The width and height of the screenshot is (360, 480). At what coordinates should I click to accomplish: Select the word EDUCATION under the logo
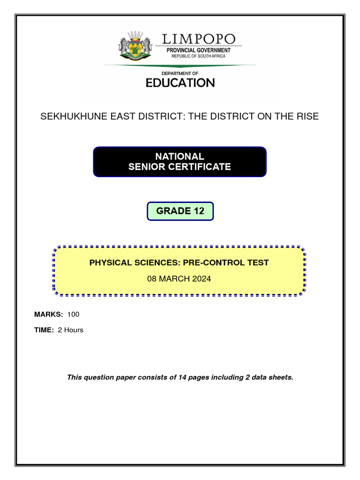(x=180, y=83)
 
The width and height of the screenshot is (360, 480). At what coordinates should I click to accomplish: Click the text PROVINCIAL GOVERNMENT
(x=199, y=50)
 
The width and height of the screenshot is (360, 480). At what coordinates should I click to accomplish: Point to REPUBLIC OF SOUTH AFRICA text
(x=198, y=56)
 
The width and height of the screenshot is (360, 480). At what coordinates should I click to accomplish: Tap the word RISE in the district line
(x=307, y=116)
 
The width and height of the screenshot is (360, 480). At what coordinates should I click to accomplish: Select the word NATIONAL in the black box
(x=180, y=157)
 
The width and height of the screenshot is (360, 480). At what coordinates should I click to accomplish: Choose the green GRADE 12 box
(x=180, y=211)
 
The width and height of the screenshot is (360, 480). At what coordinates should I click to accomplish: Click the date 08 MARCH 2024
(x=179, y=279)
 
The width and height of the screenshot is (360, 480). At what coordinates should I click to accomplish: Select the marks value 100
(x=74, y=315)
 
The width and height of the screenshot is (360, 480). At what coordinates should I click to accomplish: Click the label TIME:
(x=44, y=330)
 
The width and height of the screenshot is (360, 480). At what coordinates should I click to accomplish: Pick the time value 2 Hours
(x=70, y=330)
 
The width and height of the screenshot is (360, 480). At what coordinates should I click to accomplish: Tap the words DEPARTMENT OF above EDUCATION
(x=180, y=74)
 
